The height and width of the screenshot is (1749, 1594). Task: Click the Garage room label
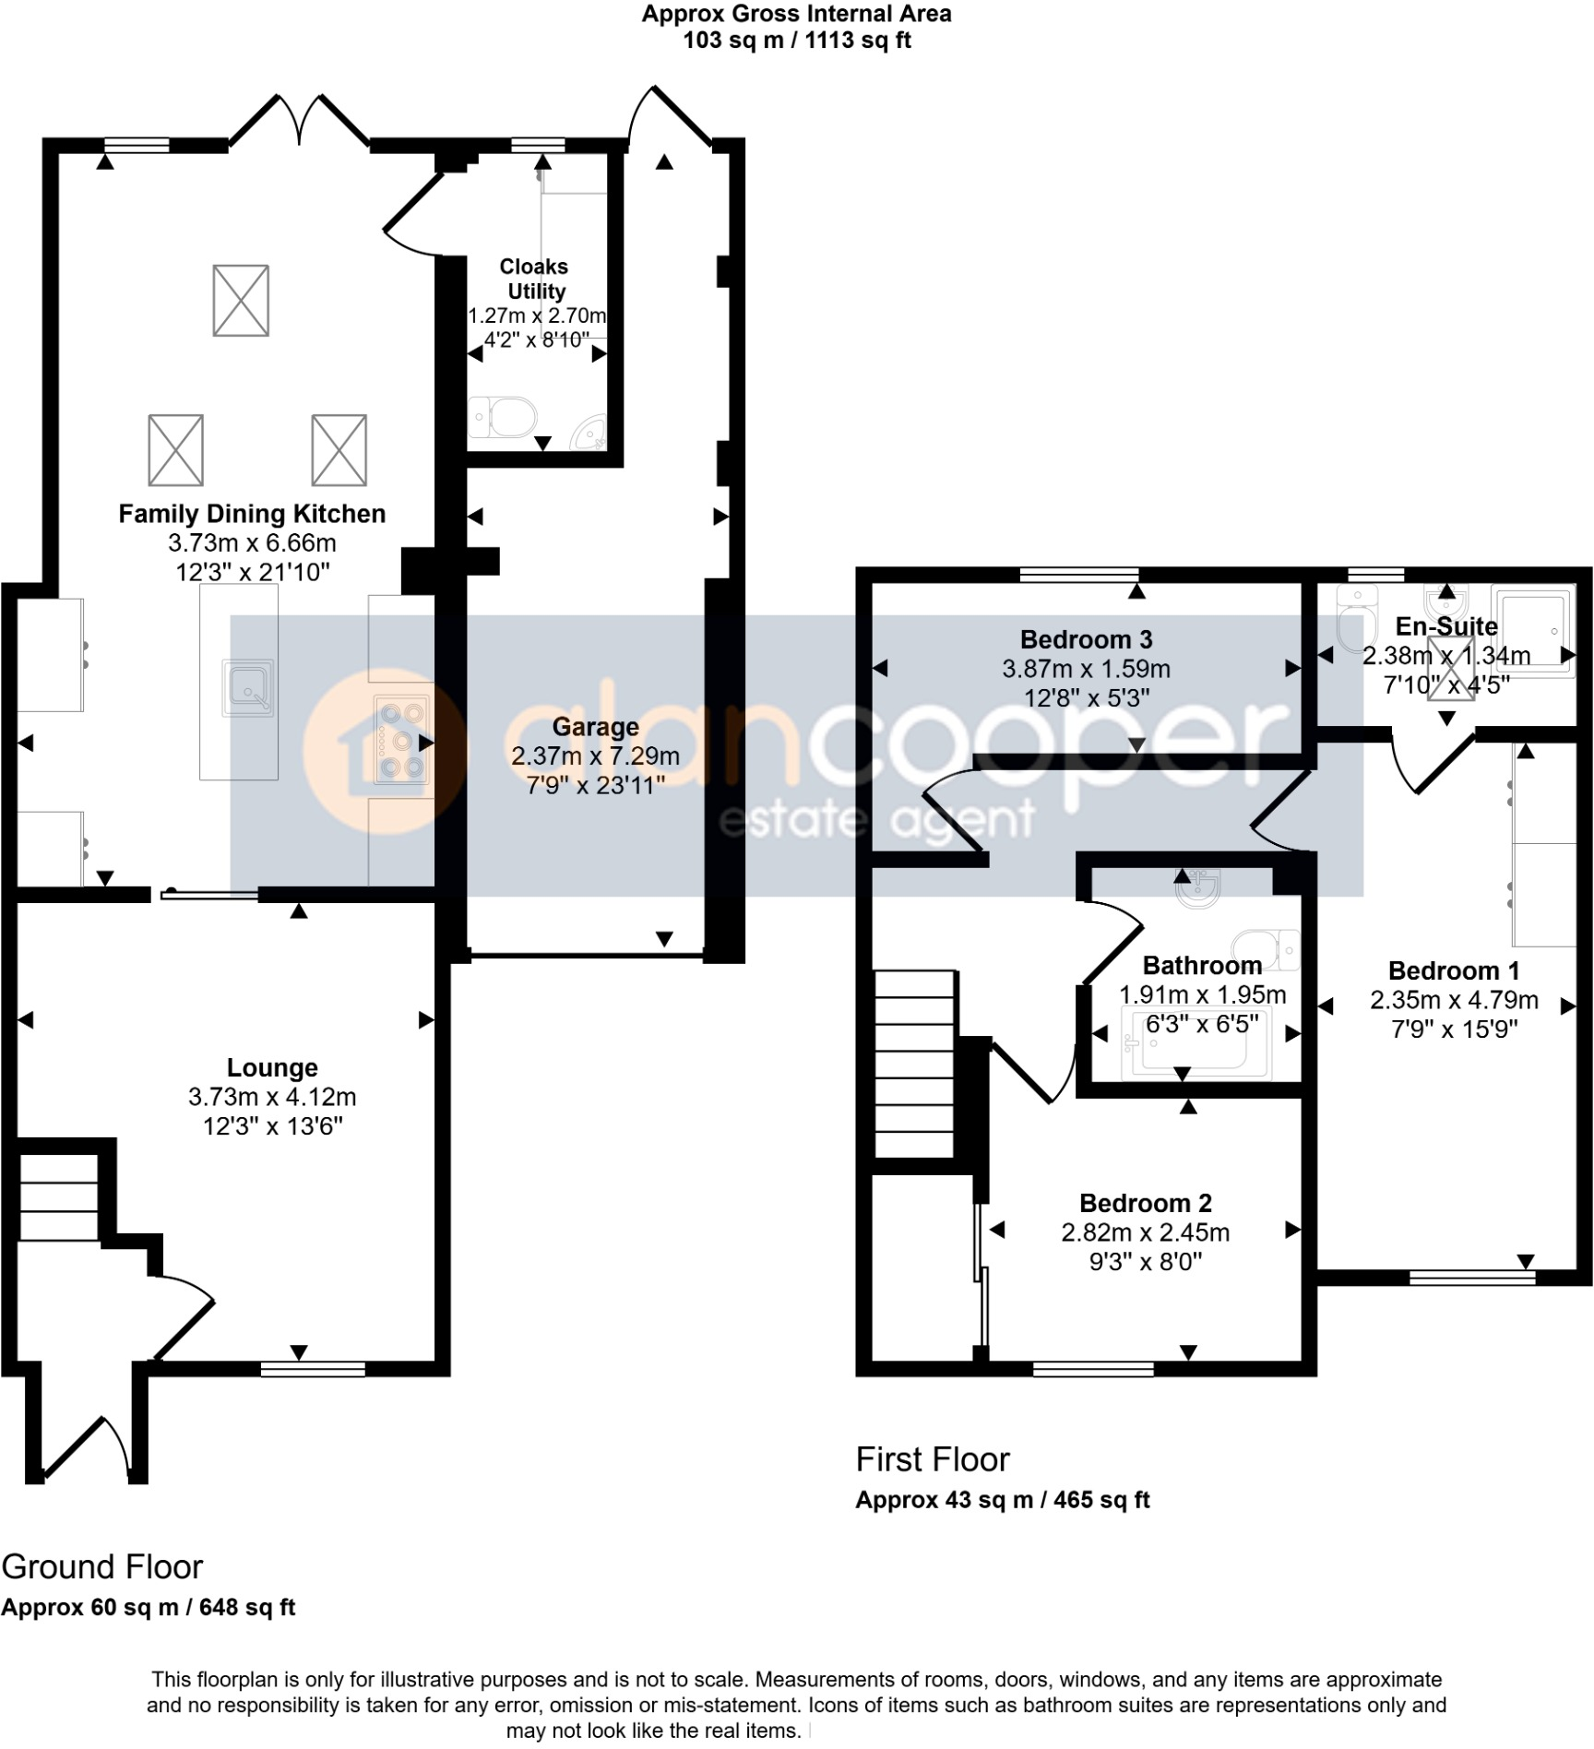click(595, 727)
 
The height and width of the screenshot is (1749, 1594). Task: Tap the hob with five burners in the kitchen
click(402, 739)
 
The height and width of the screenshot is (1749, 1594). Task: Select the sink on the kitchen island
click(247, 688)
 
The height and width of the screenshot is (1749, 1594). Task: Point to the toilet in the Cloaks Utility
click(503, 418)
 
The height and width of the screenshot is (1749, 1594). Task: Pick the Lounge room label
click(272, 1067)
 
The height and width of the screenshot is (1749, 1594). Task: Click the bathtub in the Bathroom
click(1195, 1043)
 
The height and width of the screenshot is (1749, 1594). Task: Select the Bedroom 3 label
click(1086, 639)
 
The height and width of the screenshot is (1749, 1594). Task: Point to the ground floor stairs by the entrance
click(58, 1197)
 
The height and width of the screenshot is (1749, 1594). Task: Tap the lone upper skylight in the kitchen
click(241, 301)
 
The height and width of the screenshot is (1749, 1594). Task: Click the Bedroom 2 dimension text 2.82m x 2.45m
click(1145, 1232)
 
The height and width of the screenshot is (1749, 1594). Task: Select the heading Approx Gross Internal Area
click(796, 14)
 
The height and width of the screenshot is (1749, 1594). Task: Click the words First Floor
click(933, 1459)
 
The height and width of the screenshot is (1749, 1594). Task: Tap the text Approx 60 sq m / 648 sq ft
click(148, 1607)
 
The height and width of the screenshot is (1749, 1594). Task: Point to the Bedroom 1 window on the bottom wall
click(1472, 1277)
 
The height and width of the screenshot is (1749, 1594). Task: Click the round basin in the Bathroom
click(1198, 887)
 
